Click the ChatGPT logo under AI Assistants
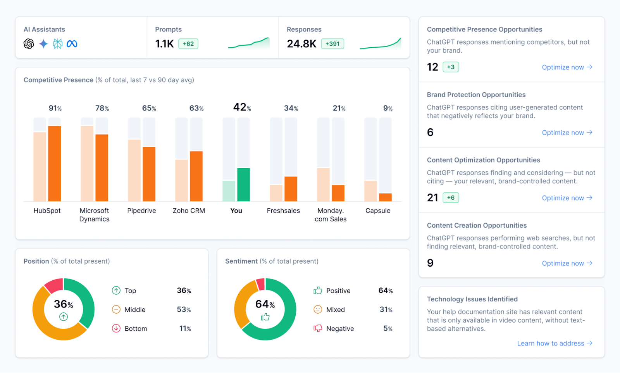[x=29, y=44]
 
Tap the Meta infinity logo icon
[x=72, y=44]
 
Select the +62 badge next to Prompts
[x=188, y=44]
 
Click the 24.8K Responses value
[x=301, y=44]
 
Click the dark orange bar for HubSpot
[x=55, y=163]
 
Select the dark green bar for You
[x=243, y=185]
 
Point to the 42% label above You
[x=242, y=107]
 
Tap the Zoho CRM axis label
[x=189, y=211]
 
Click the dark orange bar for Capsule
[x=385, y=197]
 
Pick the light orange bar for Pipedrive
[x=134, y=170]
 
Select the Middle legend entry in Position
[x=135, y=309]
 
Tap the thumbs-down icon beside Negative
[x=318, y=328]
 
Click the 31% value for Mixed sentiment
[x=386, y=309]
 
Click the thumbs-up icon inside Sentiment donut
[x=265, y=317]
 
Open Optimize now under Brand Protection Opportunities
[x=567, y=133]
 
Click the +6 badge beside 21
[x=451, y=198]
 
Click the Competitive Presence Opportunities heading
[x=484, y=29]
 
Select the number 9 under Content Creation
[x=430, y=263]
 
